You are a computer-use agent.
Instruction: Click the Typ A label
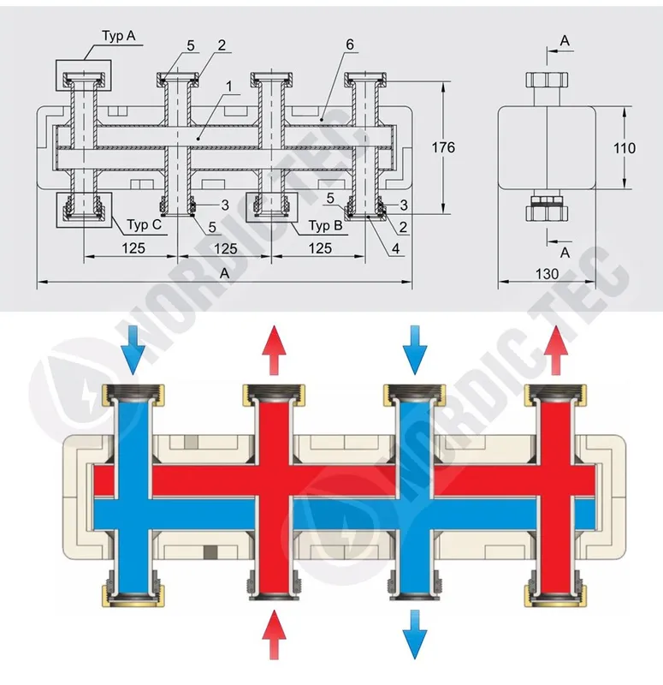pyautogui.click(x=119, y=36)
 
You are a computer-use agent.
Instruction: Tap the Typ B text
pyautogui.click(x=326, y=225)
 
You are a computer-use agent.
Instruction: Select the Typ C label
pyautogui.click(x=145, y=224)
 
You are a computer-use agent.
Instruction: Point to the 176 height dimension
pyautogui.click(x=443, y=147)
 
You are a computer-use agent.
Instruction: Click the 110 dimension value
pyautogui.click(x=625, y=148)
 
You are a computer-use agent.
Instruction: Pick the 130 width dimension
pyautogui.click(x=547, y=274)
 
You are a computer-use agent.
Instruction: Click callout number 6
pyautogui.click(x=350, y=45)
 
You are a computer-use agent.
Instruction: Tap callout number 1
pyautogui.click(x=229, y=86)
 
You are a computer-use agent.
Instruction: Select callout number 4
pyautogui.click(x=395, y=248)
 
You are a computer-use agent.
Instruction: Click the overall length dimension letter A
pyautogui.click(x=224, y=273)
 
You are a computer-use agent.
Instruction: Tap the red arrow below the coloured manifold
pyautogui.click(x=274, y=634)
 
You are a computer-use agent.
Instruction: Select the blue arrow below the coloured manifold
pyautogui.click(x=414, y=634)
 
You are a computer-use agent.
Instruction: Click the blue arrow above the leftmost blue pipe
pyautogui.click(x=133, y=350)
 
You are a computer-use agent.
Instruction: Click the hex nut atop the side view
pyautogui.click(x=547, y=80)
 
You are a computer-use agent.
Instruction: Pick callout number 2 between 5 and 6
pyautogui.click(x=222, y=45)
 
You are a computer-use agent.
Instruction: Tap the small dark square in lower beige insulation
pyautogui.click(x=210, y=552)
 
